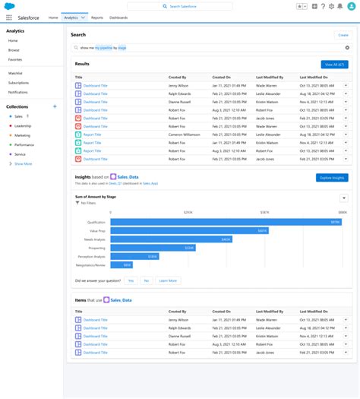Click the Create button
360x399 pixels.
(x=343, y=35)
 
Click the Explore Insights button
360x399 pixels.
(x=331, y=178)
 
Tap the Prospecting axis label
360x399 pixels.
(x=96, y=248)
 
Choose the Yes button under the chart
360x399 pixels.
(x=131, y=280)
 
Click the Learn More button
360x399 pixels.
(x=168, y=280)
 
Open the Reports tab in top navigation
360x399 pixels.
(x=97, y=17)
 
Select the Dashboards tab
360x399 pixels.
(x=118, y=17)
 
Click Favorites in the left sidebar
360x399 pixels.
(x=15, y=59)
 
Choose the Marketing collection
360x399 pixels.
(x=23, y=135)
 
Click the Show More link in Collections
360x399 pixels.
(x=23, y=163)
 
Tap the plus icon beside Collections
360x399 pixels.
(x=55, y=107)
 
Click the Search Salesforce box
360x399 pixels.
(x=179, y=6)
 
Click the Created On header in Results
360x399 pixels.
(x=222, y=78)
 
